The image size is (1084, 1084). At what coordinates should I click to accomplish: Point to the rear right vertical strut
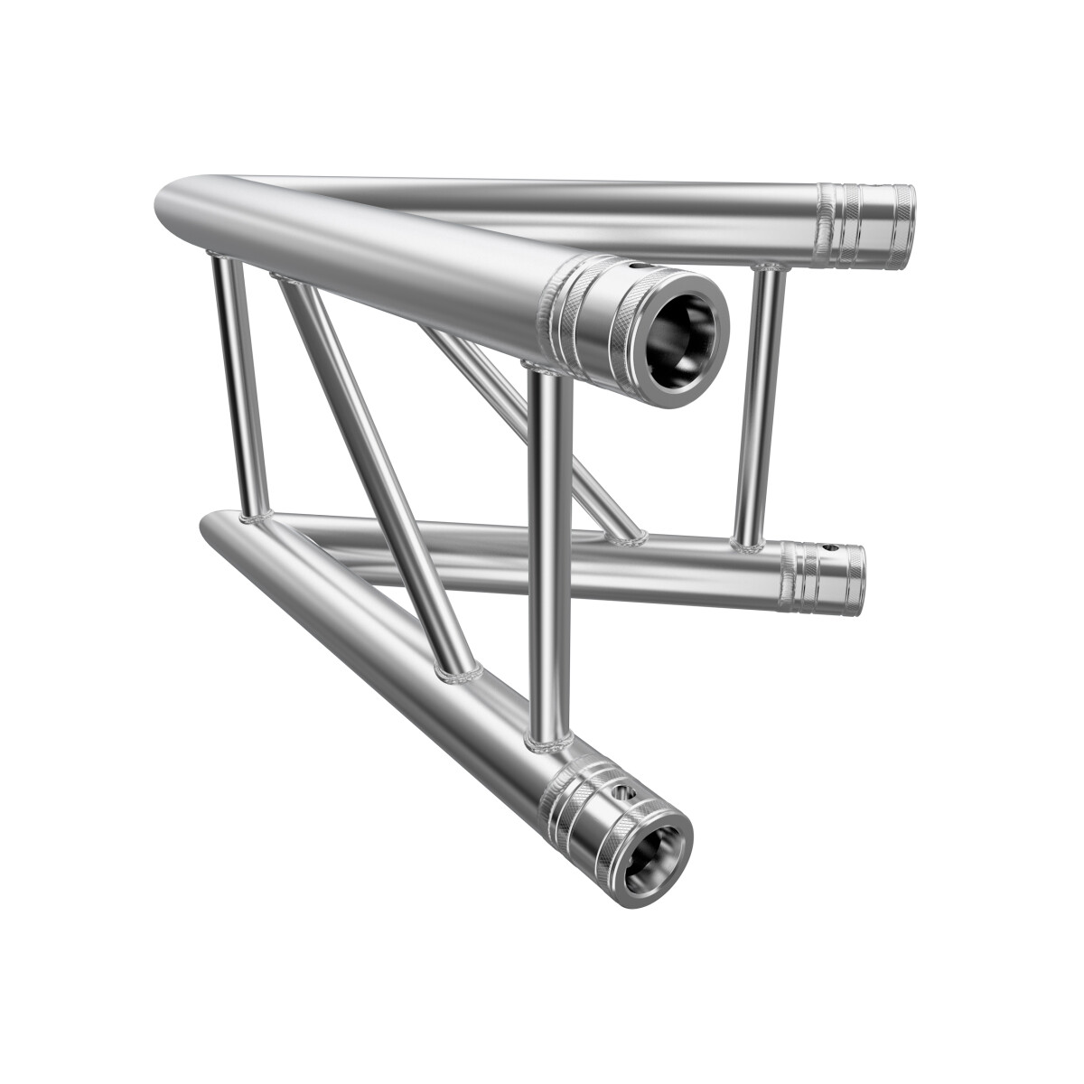[x=757, y=406]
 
